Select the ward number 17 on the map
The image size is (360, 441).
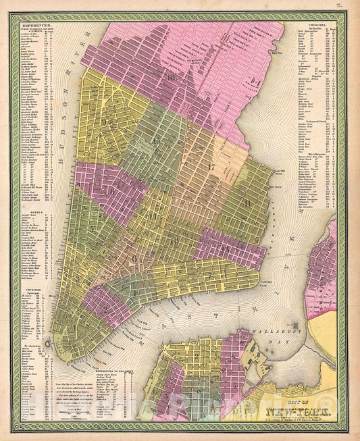click(211, 166)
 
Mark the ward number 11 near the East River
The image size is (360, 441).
click(248, 202)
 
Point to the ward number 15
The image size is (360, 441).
click(157, 140)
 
